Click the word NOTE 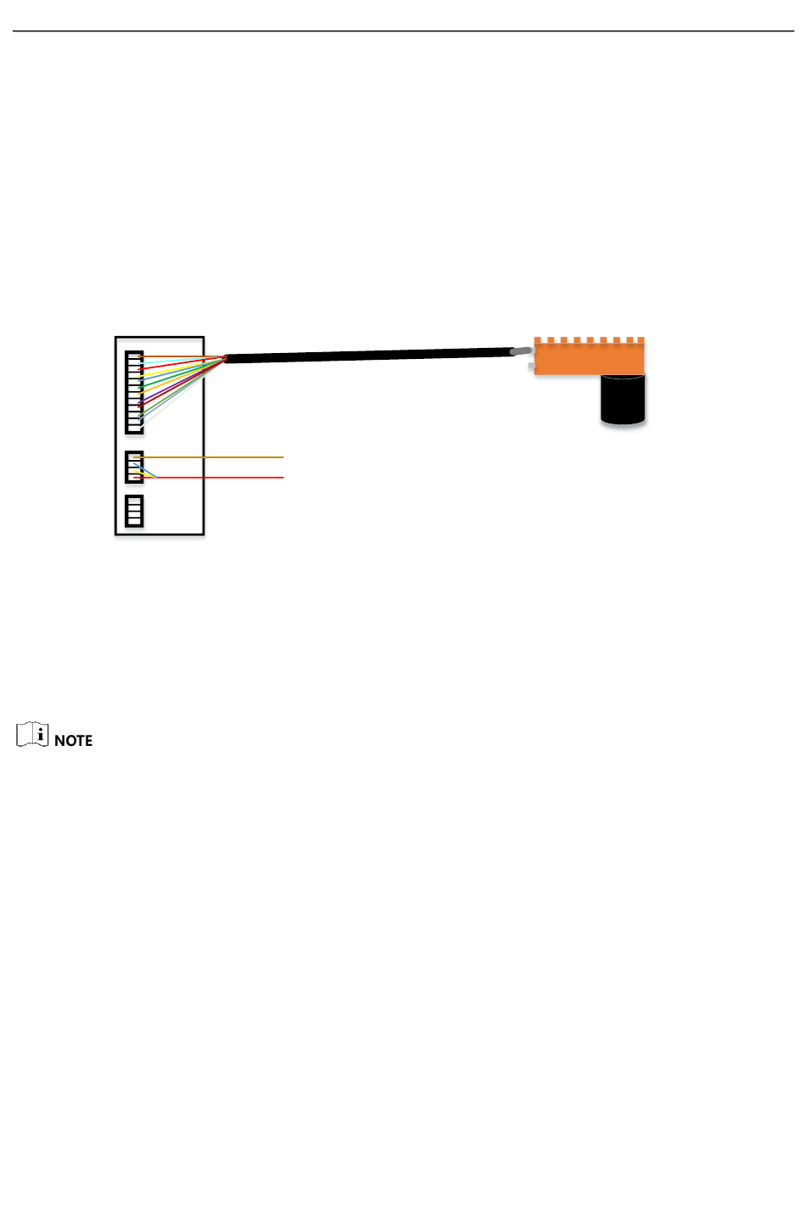73,741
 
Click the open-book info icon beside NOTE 32,734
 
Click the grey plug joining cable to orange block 521,350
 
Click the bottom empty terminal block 134,511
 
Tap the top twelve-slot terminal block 134,392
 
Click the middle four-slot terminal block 134,467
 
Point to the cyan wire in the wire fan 170,361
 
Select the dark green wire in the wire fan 170,378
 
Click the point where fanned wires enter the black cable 226,358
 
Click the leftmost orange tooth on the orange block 538,340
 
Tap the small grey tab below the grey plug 531,367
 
